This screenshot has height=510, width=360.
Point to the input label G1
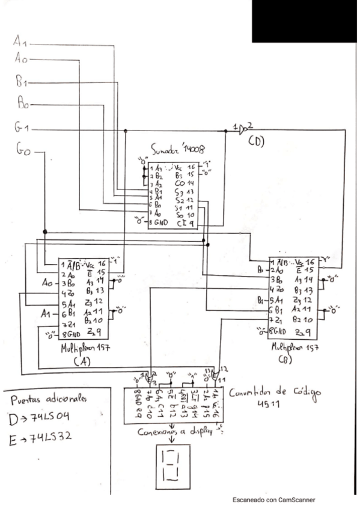coord(22,127)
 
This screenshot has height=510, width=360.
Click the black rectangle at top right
coord(306,21)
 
